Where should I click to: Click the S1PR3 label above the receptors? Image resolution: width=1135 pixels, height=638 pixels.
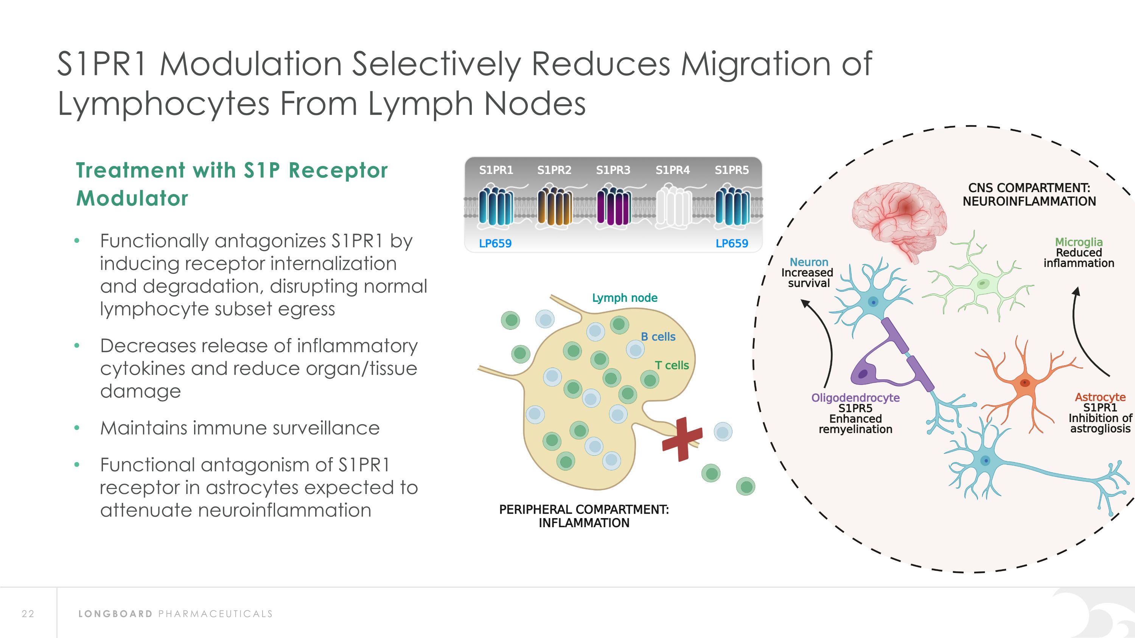613,170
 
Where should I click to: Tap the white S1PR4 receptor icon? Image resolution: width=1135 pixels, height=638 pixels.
674,206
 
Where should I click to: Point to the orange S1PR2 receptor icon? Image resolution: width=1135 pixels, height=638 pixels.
555,206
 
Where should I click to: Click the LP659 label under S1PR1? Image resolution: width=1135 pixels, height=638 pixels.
495,244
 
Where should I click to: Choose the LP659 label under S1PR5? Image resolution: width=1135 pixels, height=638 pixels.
732,244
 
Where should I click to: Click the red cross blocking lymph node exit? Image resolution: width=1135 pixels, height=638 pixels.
682,439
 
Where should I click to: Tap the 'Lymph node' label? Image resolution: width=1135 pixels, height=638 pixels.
624,298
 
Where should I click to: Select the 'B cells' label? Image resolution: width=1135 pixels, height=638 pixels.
658,337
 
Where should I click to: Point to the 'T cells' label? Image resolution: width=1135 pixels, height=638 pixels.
672,365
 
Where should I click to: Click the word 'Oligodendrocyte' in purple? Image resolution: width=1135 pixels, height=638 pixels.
855,398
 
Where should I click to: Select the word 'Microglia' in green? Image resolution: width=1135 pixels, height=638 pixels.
1079,242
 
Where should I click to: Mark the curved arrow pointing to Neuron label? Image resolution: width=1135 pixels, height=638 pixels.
824,339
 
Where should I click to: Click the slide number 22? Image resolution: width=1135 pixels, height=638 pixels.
28,614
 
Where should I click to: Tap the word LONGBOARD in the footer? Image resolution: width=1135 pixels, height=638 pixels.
115,614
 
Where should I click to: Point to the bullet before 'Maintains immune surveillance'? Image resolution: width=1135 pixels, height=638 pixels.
77,427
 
